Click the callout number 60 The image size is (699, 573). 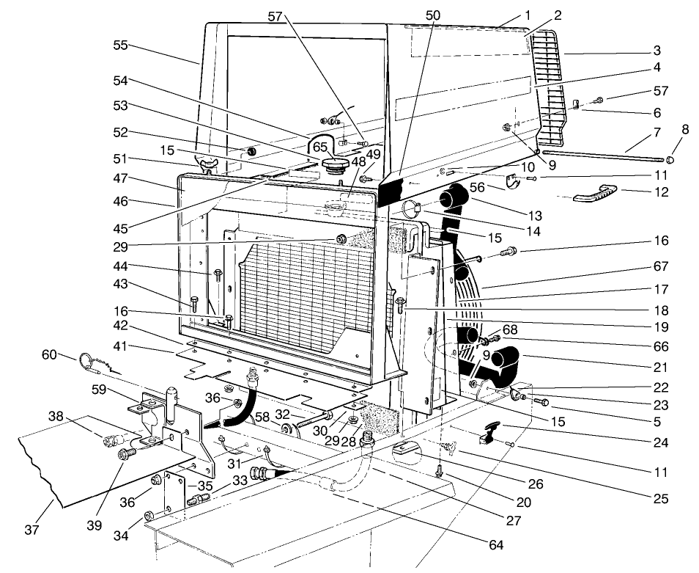[50, 355]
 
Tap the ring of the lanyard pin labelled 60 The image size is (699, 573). [86, 361]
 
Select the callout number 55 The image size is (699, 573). [121, 45]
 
